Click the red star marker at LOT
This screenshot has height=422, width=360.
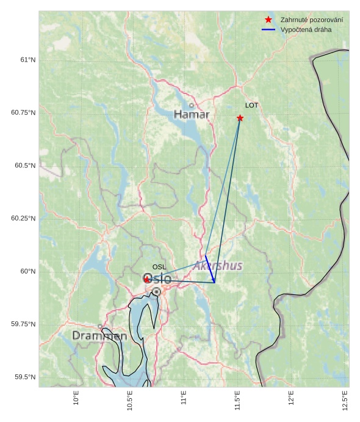pos(240,118)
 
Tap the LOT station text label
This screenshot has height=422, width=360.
pos(252,106)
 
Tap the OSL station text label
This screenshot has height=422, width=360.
pos(159,267)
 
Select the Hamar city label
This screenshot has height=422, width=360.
pos(192,115)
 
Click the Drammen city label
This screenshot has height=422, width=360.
pos(99,336)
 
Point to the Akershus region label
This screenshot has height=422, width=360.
pos(218,266)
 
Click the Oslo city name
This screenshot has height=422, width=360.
pos(157,279)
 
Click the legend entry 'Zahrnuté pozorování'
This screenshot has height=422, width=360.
pos(311,20)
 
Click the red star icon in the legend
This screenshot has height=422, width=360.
pos(268,20)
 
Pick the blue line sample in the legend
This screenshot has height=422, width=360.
pos(268,29)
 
